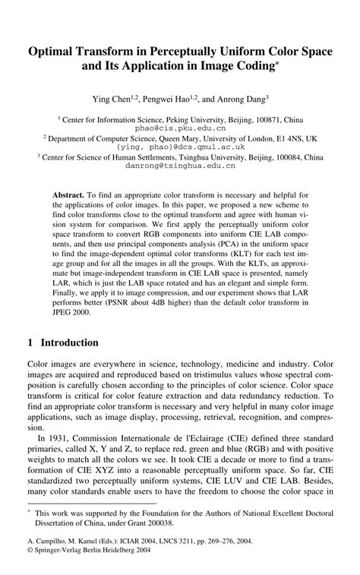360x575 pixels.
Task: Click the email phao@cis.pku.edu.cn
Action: (x=180, y=128)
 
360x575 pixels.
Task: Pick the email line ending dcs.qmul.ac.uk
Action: (x=180, y=146)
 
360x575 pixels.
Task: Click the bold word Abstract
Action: (x=68, y=195)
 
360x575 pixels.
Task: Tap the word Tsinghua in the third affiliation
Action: (x=184, y=156)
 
